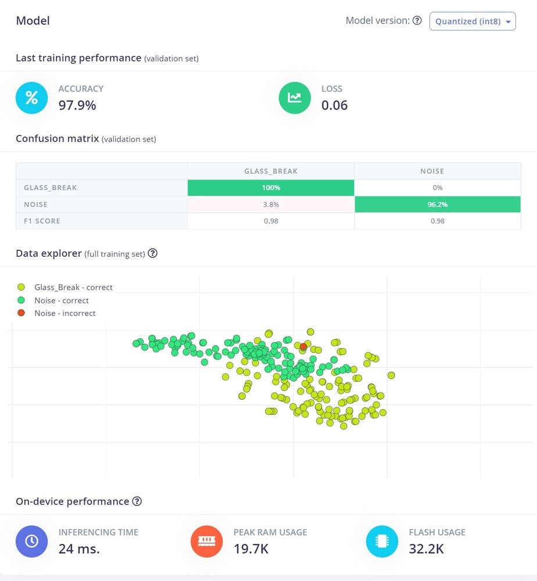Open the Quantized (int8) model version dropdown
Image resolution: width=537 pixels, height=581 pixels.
(472, 21)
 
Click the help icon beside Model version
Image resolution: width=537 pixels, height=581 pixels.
(417, 21)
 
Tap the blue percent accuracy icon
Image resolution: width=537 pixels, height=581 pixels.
(31, 98)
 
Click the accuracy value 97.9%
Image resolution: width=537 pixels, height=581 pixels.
(77, 105)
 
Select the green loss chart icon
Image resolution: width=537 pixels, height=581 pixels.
(295, 98)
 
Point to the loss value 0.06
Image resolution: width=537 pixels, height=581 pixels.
(334, 105)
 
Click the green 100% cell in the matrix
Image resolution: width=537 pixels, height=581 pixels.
(271, 188)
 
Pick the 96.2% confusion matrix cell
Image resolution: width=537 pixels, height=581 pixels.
(437, 205)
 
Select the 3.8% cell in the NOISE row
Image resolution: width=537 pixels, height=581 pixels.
(271, 205)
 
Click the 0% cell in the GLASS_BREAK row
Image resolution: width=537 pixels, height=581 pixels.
(437, 188)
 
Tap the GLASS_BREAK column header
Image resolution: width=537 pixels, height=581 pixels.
(271, 171)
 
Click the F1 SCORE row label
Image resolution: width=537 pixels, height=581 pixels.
(42, 221)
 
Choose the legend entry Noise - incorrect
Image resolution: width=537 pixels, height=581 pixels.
(65, 313)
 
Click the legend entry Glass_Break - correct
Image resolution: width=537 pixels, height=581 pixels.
(73, 287)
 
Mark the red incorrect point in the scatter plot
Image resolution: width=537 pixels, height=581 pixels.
(303, 346)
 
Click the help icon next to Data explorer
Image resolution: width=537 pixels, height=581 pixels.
(153, 253)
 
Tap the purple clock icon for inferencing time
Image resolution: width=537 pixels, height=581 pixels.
(31, 541)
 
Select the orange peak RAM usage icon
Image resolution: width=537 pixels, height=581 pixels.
(206, 541)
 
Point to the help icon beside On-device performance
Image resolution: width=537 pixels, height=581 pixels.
(137, 501)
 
